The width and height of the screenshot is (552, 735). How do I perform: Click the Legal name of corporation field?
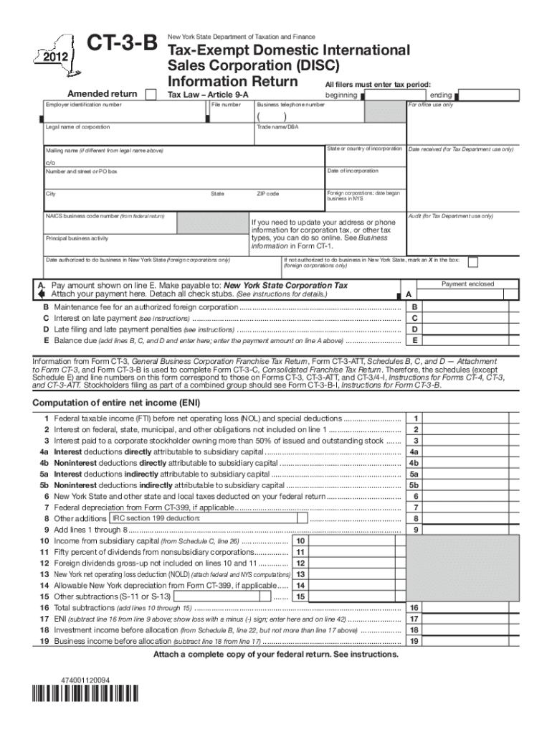click(x=143, y=136)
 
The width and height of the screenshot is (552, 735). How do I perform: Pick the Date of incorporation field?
click(x=363, y=179)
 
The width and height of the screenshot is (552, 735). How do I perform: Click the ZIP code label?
click(x=268, y=194)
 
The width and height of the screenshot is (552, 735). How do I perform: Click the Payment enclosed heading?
click(x=467, y=284)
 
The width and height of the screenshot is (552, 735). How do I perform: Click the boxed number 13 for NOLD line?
click(x=301, y=574)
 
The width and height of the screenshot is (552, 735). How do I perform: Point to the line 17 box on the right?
click(x=414, y=619)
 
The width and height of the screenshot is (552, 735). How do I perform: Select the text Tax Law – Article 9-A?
click(x=208, y=95)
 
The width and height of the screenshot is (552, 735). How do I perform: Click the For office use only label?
click(x=430, y=105)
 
